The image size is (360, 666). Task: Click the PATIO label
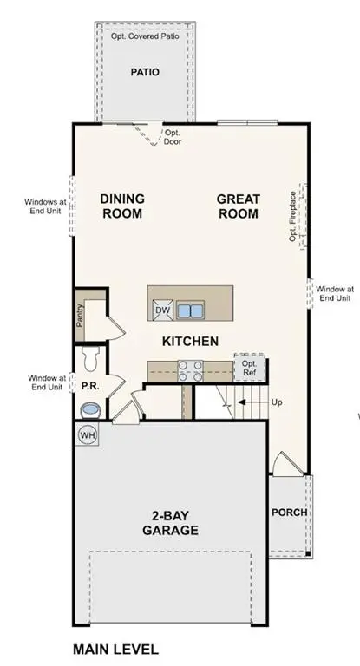(144, 73)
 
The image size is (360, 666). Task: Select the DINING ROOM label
(122, 206)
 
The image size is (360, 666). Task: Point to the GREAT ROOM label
(239, 206)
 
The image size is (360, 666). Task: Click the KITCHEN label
(190, 342)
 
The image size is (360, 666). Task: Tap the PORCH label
(289, 513)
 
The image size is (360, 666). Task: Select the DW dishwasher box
(162, 310)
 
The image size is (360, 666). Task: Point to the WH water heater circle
(88, 434)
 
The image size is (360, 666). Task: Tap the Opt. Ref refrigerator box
(249, 368)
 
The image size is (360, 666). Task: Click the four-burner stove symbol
(191, 370)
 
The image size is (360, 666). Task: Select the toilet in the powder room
(88, 356)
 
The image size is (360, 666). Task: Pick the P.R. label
(89, 383)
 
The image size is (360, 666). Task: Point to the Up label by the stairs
(277, 402)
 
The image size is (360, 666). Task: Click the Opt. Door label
(173, 137)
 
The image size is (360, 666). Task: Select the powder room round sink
(89, 408)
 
